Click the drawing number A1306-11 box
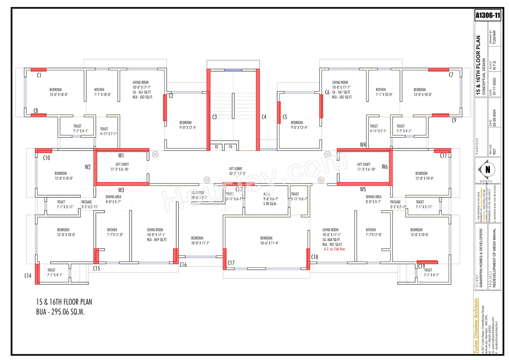[488, 16]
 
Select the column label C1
[39, 75]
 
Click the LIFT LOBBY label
[235, 169]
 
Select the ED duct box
[216, 147]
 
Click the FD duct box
[230, 147]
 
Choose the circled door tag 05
[155, 154]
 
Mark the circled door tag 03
[207, 180]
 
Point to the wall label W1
[121, 155]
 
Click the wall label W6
[385, 167]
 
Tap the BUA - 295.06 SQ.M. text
[60, 312]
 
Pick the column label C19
[422, 266]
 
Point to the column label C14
[28, 275]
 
